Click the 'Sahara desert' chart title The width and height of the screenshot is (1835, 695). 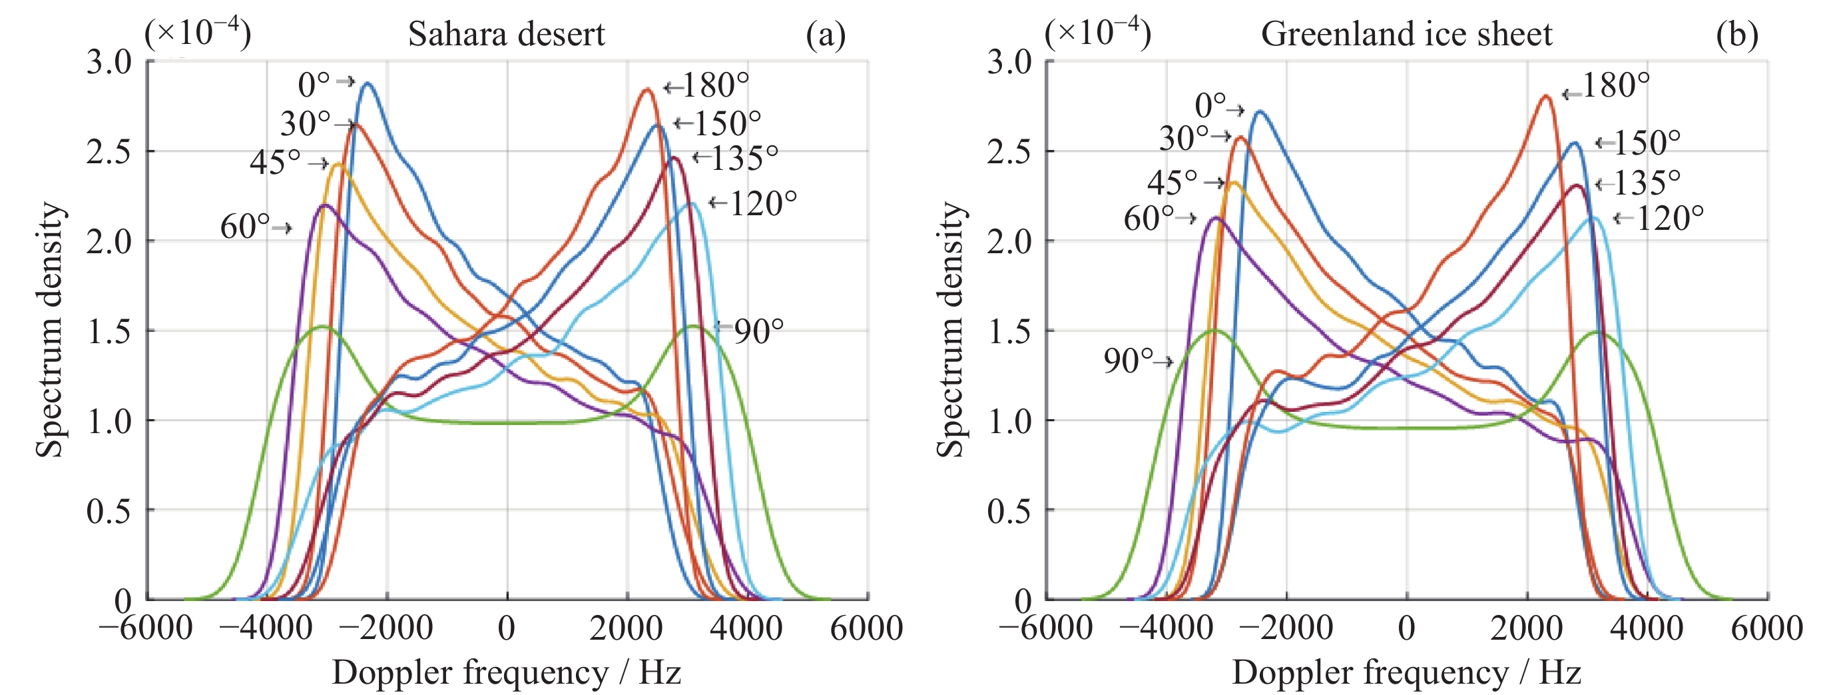[x=507, y=34]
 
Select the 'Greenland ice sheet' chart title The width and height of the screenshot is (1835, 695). [x=1406, y=34]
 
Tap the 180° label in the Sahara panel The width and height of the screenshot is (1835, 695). [x=715, y=85]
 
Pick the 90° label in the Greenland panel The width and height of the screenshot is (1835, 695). [x=1128, y=361]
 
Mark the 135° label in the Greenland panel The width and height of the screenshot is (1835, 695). [x=1646, y=183]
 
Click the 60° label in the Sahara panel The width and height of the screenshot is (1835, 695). [x=245, y=227]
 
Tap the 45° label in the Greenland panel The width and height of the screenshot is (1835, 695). [x=1172, y=183]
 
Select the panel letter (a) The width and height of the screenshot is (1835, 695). [x=826, y=34]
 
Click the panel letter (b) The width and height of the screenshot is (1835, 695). [x=1736, y=34]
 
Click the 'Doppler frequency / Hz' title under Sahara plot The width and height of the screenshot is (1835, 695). [x=507, y=672]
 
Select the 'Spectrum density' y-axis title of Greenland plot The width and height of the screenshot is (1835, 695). [x=950, y=329]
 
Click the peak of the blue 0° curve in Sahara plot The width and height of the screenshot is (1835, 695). [x=368, y=83]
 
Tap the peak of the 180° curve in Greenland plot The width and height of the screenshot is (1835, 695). [x=1545, y=95]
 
